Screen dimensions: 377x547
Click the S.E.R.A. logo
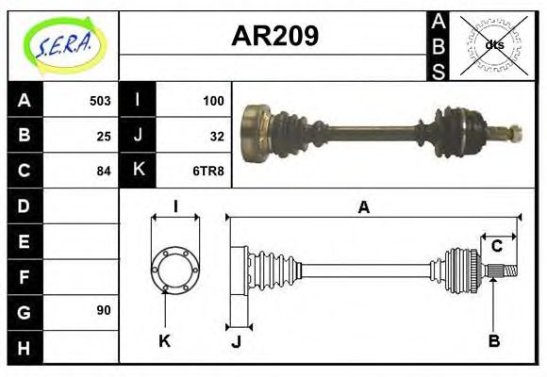(62, 43)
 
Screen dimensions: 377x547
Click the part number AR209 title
(274, 36)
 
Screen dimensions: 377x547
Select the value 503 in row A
(100, 100)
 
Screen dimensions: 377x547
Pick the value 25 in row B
(104, 135)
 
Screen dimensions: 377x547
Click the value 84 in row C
(104, 171)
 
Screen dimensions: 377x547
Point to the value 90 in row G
(104, 310)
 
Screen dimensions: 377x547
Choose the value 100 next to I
(213, 100)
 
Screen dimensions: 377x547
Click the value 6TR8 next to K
(209, 171)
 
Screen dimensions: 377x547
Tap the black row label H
(25, 347)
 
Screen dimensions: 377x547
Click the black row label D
(25, 205)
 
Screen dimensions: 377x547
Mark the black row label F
(25, 276)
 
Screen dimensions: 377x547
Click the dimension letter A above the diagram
(363, 208)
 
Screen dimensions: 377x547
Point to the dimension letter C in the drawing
(496, 247)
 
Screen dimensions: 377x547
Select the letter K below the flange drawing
(164, 340)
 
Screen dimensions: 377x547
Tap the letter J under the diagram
(237, 342)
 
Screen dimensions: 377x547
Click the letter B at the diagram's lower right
(493, 340)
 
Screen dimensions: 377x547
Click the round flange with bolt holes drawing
(175, 269)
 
